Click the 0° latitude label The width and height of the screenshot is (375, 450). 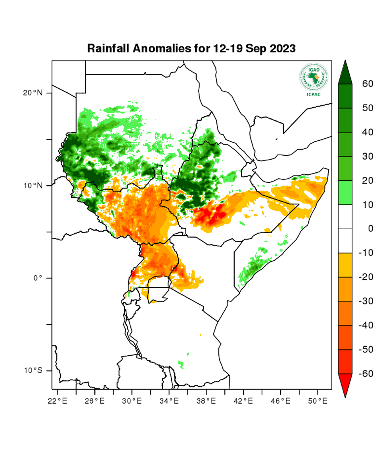tap(37, 278)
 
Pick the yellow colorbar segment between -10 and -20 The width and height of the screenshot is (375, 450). tap(345, 265)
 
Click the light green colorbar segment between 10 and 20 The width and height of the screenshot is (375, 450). tap(345, 193)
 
